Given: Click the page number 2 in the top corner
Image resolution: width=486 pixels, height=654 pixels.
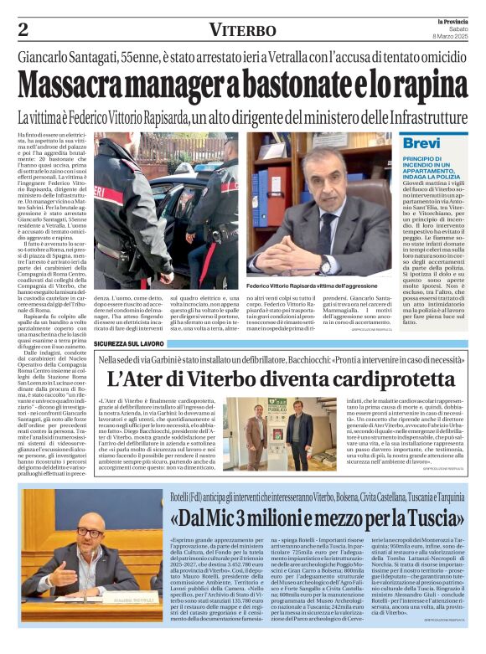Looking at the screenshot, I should point(23,29).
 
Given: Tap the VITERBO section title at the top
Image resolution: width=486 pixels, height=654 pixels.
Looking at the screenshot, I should point(243,30).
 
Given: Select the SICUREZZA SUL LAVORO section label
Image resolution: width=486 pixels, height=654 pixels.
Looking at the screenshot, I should point(128,343).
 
